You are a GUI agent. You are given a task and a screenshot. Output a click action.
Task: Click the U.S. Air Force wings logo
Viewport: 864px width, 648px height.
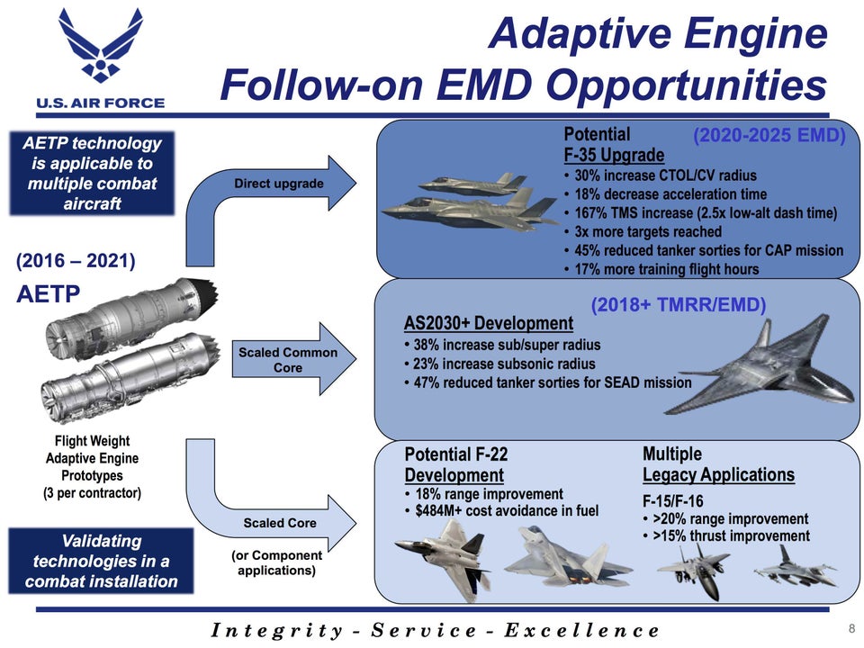tap(100, 47)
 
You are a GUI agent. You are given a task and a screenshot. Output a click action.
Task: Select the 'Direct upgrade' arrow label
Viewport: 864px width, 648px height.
tap(278, 184)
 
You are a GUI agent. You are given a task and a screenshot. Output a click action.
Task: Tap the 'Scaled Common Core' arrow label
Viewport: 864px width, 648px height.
tap(287, 360)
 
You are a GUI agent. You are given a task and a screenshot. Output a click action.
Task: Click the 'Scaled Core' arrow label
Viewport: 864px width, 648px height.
tap(279, 523)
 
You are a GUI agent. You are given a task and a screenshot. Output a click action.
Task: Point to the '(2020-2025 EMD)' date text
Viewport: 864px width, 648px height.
tap(769, 136)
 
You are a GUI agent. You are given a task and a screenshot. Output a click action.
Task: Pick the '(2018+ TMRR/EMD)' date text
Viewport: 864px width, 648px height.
tap(678, 304)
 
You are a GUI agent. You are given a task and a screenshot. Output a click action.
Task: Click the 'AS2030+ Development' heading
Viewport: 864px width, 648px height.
tap(488, 323)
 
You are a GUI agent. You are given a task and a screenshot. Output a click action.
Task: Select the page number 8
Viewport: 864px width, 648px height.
tap(851, 627)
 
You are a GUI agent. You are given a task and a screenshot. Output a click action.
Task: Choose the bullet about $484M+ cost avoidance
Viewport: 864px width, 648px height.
tap(506, 511)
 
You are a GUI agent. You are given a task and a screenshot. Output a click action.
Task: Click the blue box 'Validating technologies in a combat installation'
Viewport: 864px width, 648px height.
tap(101, 561)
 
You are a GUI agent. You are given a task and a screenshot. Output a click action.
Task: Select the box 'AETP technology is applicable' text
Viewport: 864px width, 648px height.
tap(93, 173)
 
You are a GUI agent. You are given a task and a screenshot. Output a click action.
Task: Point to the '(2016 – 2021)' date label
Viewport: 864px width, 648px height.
tap(76, 262)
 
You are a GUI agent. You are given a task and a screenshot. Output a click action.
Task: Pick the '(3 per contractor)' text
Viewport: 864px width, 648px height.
tap(92, 492)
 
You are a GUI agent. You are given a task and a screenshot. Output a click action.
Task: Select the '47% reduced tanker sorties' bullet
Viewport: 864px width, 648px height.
tap(551, 382)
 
